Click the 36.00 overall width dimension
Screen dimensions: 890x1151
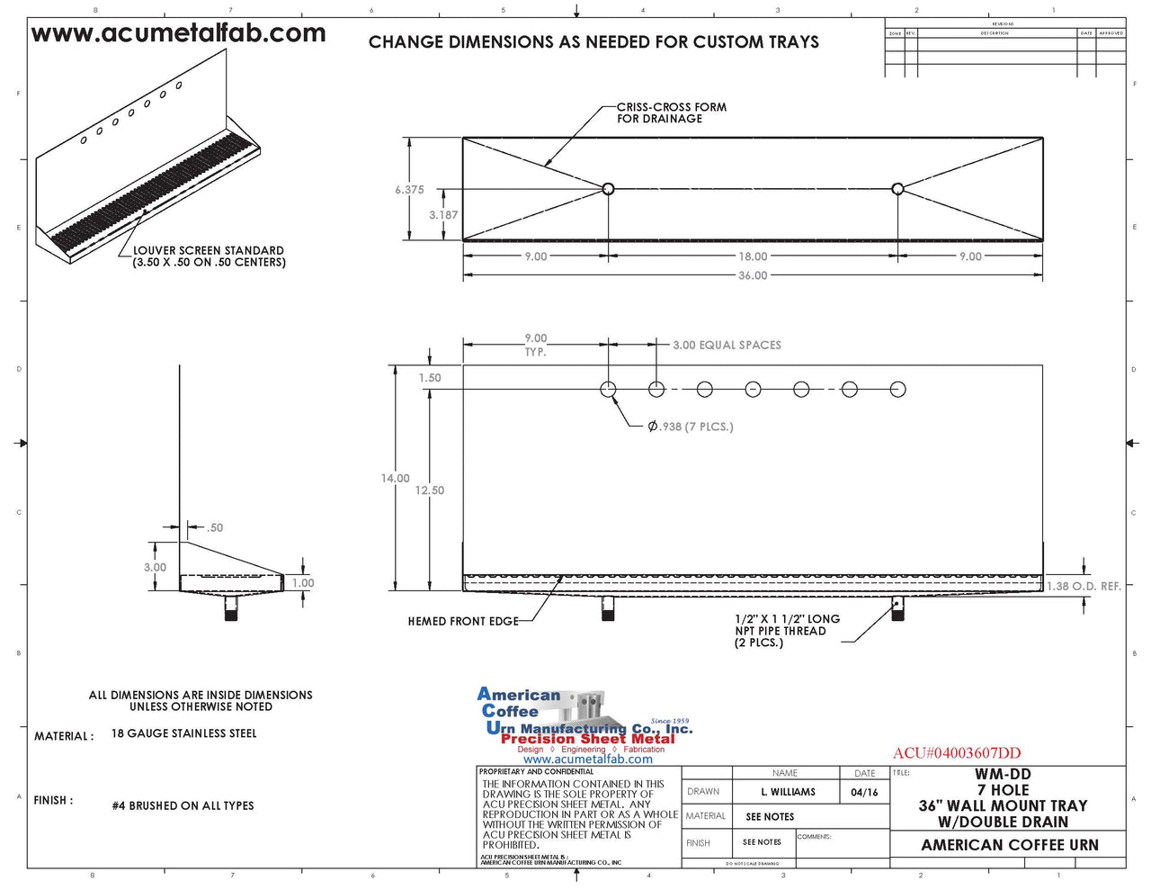(753, 275)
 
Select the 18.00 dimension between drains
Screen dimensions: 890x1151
(753, 256)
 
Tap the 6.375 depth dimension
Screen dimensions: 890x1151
(409, 190)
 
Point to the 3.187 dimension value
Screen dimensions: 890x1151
(442, 215)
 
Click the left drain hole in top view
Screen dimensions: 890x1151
(608, 189)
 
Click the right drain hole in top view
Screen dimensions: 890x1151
(897, 189)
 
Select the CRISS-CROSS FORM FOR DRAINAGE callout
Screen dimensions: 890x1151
(671, 112)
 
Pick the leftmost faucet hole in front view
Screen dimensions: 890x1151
(608, 390)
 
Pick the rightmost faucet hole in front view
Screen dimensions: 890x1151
(897, 390)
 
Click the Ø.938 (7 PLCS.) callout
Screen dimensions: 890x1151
(690, 427)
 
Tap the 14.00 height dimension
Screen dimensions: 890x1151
(395, 479)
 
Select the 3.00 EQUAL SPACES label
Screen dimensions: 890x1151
(727, 345)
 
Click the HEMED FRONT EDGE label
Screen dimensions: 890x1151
(463, 621)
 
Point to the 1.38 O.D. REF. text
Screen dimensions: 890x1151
(1084, 587)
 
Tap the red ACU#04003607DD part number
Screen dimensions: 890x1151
(957, 753)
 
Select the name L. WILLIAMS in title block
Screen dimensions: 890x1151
(788, 792)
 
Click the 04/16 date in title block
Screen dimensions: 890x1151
(864, 792)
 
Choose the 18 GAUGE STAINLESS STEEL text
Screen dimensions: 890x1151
(183, 733)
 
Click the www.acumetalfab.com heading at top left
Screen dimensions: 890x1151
(178, 34)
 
